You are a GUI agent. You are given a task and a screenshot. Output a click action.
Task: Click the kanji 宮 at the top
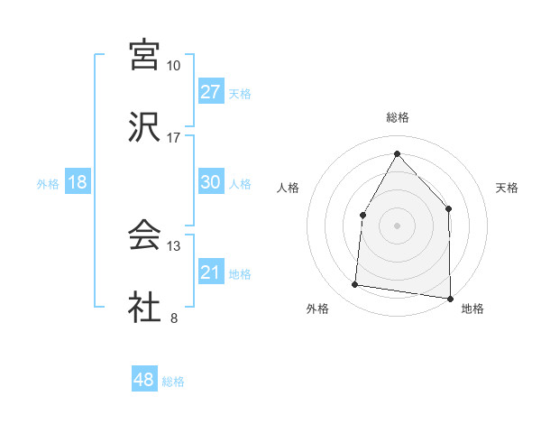(144, 56)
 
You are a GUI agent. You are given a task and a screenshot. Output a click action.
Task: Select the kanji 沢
(144, 127)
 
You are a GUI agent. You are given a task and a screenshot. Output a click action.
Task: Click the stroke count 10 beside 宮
(174, 66)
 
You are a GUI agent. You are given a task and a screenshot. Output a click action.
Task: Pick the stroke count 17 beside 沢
(174, 137)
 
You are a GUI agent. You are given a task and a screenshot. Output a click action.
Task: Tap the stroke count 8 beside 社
(174, 317)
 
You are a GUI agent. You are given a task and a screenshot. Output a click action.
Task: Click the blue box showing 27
(211, 92)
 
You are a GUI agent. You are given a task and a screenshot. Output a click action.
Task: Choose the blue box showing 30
(211, 182)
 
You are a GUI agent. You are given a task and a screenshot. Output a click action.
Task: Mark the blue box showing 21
(211, 272)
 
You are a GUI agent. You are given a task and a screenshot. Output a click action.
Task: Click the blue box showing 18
(78, 182)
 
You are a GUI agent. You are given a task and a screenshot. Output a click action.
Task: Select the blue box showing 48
(144, 380)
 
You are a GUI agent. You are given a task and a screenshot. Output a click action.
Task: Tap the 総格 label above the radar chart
(397, 117)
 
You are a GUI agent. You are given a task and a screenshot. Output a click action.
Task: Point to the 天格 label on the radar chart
(508, 188)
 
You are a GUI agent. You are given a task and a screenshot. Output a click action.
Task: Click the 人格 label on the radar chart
(288, 188)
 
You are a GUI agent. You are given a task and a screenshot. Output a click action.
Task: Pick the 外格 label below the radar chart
(317, 309)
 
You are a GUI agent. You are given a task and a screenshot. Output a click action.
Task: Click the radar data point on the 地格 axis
(450, 298)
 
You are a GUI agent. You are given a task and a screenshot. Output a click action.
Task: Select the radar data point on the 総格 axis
(397, 152)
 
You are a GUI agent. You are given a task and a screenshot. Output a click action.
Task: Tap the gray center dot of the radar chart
(397, 225)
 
